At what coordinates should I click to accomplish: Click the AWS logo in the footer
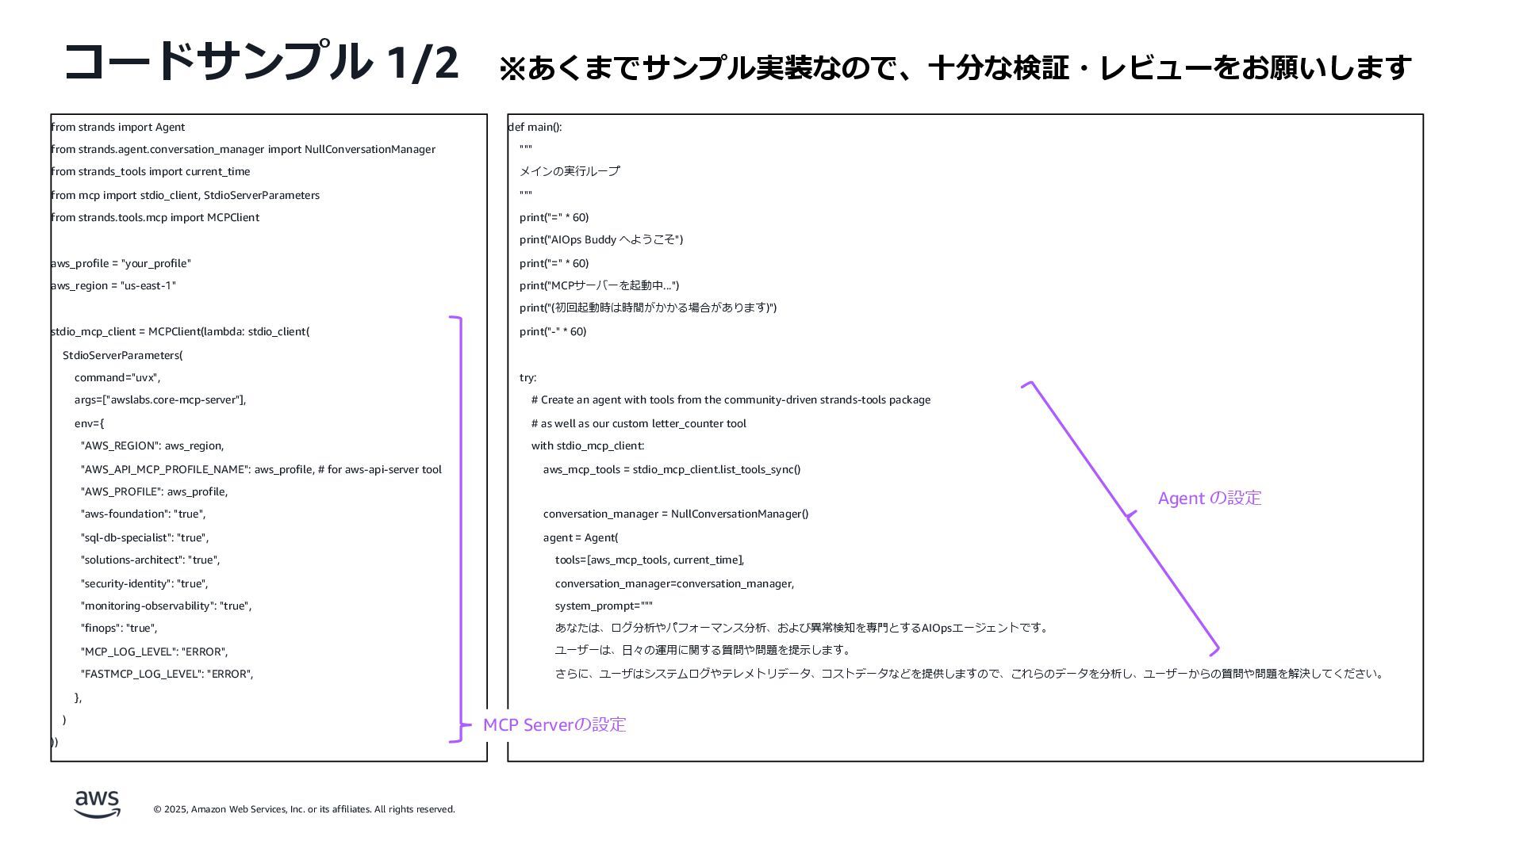(98, 804)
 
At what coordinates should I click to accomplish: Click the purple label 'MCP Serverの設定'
(554, 724)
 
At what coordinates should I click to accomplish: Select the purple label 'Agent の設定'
(1209, 498)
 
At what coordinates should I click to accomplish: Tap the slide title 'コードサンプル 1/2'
(261, 62)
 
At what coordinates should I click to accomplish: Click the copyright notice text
(304, 809)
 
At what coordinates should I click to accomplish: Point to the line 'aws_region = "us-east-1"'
(113, 285)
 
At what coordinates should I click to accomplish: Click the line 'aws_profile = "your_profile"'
(121, 263)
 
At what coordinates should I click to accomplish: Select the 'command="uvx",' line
(117, 377)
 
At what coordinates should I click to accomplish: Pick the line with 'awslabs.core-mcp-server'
(160, 399)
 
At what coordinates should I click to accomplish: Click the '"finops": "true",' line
(119, 628)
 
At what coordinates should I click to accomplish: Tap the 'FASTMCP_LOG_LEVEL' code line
(167, 674)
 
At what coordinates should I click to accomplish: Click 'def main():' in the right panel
(535, 127)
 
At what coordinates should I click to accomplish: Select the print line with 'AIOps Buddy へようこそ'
(601, 239)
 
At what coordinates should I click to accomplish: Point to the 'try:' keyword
(528, 377)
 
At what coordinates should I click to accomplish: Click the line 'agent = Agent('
(581, 537)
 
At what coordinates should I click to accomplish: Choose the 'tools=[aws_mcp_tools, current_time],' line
(650, 560)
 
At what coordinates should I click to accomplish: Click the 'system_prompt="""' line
(604, 606)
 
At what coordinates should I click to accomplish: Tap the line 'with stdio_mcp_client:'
(588, 445)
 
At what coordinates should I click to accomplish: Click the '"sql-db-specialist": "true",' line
(144, 537)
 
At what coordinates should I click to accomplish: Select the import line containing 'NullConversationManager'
(243, 149)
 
